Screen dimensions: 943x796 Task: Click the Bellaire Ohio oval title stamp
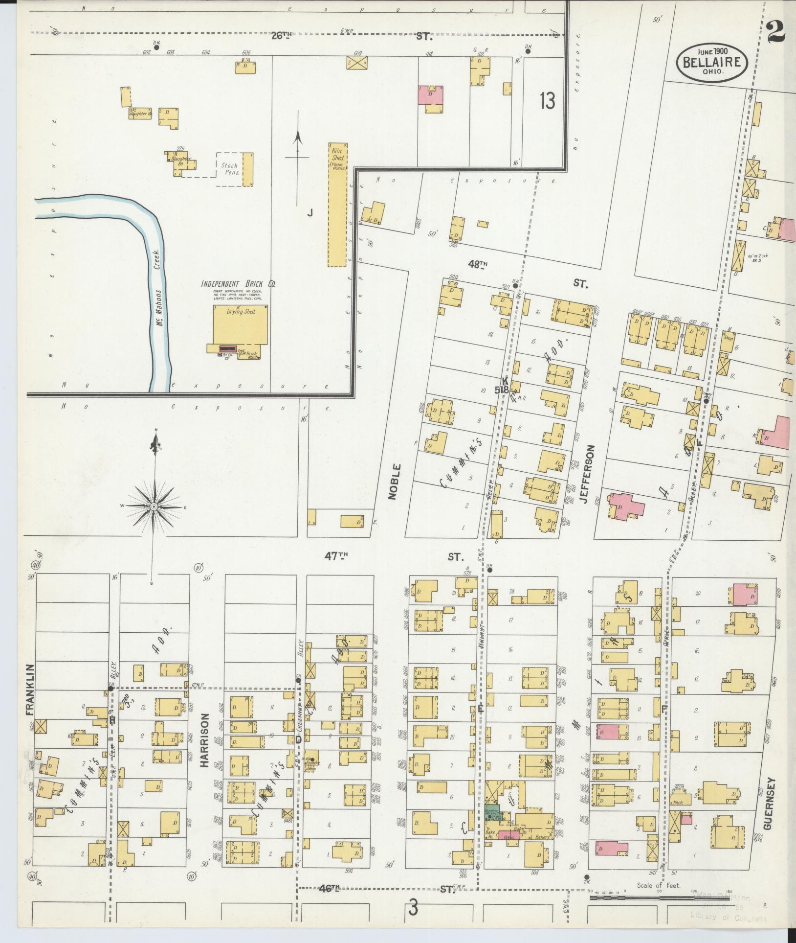(712, 62)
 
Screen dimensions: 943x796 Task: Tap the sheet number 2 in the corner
(776, 34)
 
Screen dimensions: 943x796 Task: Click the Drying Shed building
(240, 324)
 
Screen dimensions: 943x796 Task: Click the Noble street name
(395, 482)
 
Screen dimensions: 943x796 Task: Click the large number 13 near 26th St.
(548, 101)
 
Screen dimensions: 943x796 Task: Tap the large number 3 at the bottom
(413, 909)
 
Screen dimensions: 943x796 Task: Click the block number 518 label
(502, 390)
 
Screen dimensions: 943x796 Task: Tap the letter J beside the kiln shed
(309, 212)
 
